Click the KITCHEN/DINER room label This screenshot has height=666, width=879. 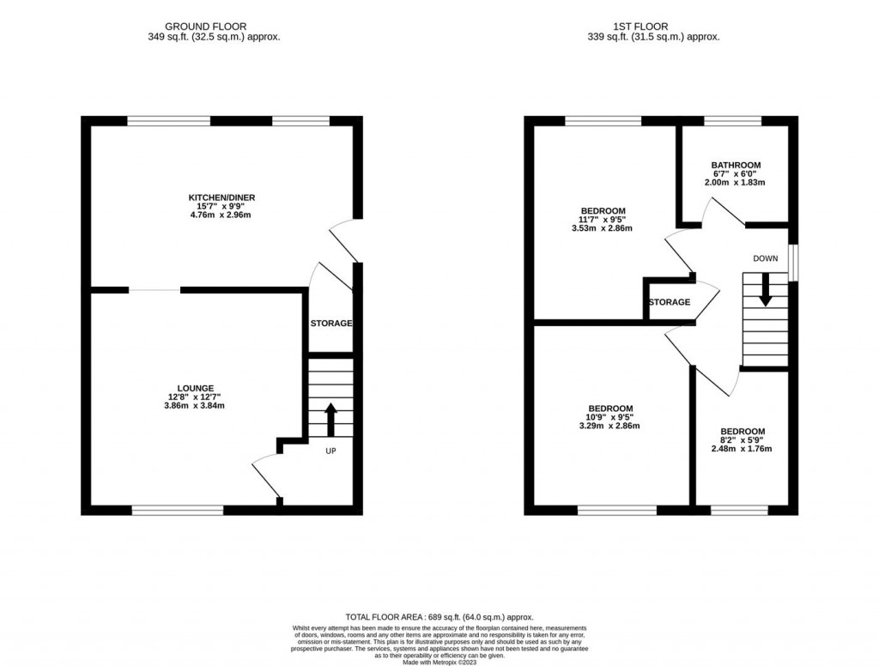tap(221, 197)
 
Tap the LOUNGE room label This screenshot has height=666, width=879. tap(196, 388)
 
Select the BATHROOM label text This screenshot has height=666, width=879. tap(735, 165)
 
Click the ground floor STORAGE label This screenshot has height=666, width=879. tap(331, 324)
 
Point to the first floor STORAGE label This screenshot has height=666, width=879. tap(670, 302)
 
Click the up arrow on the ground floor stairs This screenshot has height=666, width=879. tap(330, 421)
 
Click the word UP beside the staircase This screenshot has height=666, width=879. tap(330, 450)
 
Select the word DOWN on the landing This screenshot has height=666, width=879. tap(765, 258)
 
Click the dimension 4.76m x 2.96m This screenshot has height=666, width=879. tap(221, 215)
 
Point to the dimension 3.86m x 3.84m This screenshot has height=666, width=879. tap(196, 406)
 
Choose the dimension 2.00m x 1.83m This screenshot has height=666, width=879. tap(735, 182)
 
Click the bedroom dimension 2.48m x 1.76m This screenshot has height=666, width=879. tap(743, 449)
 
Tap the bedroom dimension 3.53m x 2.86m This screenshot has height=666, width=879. tap(603, 228)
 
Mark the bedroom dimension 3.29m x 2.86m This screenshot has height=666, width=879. tap(610, 426)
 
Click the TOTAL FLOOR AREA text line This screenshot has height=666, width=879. tap(439, 617)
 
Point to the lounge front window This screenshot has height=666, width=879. tap(178, 511)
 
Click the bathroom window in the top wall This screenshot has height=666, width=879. tap(732, 121)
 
